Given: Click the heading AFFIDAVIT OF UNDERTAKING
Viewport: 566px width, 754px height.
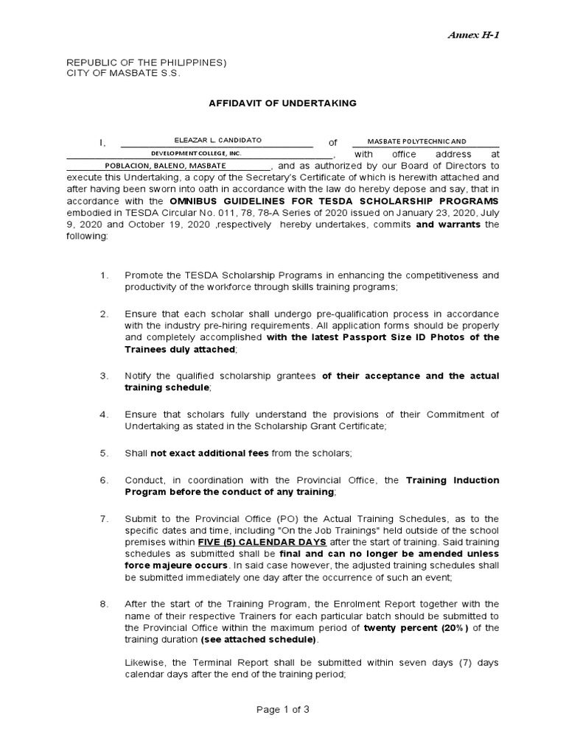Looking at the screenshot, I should pos(283,103).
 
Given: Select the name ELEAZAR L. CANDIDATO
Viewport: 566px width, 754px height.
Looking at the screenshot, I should pos(217,140).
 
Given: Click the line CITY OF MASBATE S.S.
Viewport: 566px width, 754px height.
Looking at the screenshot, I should pos(123,74).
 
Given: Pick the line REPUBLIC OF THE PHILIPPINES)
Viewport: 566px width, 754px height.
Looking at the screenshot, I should pos(147,63).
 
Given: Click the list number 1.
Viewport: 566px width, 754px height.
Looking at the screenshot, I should pos(105,275).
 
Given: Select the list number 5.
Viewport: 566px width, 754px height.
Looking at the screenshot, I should pos(105,453).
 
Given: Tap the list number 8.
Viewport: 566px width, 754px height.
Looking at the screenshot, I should pos(105,604).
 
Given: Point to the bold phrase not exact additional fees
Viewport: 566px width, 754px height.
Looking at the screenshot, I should pos(210,453).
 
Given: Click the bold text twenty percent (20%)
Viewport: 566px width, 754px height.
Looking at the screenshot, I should pos(416,628).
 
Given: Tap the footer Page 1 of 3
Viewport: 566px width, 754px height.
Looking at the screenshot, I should pos(283,710).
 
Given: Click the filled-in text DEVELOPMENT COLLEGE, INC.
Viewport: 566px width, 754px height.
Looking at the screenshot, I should pos(196,153).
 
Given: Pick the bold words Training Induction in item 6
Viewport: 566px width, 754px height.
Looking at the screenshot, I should pos(453,480).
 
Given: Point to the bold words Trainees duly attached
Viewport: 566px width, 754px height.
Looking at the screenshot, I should pos(181,349).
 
